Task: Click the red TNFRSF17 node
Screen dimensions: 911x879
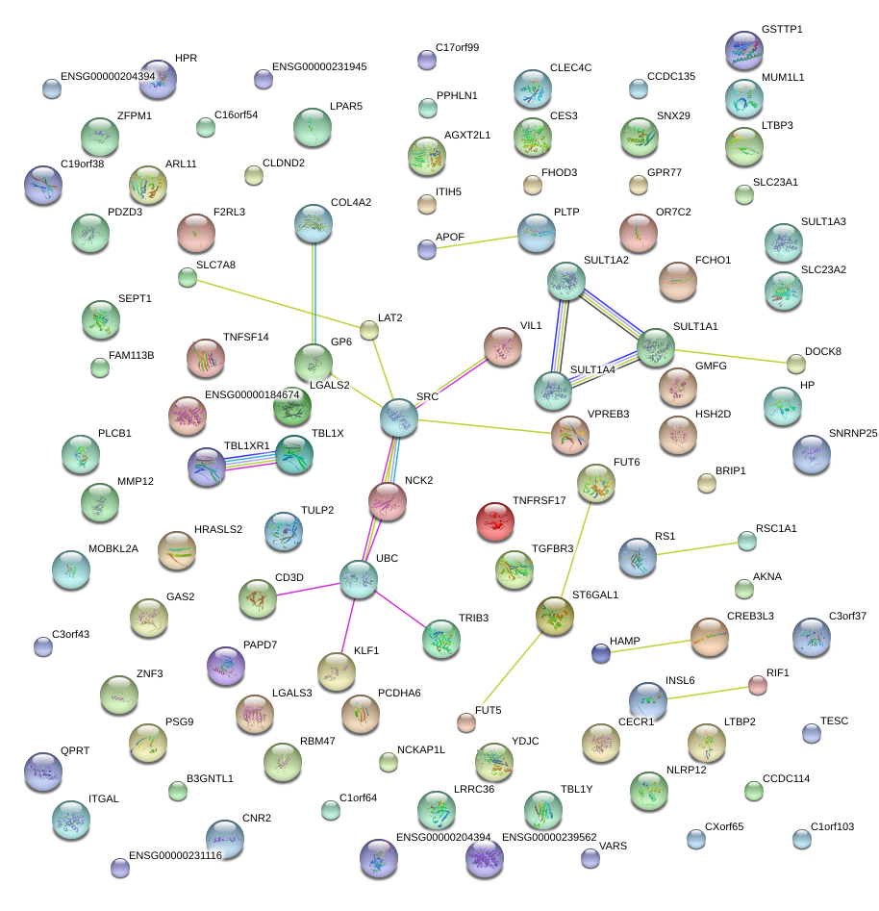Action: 495,520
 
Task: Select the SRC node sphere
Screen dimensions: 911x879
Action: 399,417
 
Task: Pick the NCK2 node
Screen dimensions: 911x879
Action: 388,500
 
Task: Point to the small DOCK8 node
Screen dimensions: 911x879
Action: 796,364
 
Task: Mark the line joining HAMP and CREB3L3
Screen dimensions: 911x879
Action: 655,645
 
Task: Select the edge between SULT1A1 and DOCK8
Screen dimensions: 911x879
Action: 731,355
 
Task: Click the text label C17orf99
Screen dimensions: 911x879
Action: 457,47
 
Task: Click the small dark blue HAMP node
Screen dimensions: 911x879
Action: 601,654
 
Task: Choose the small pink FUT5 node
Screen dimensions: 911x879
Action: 466,722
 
